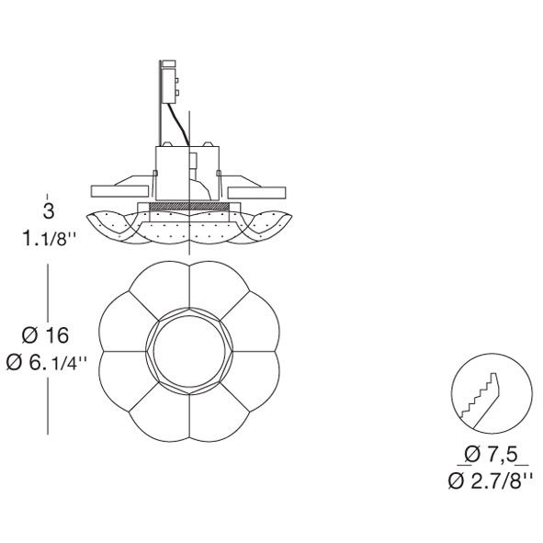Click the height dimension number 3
coord(49,211)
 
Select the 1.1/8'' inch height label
coord(50,239)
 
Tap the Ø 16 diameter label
coord(45,335)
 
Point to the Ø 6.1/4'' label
coord(47,363)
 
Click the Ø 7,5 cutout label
coord(492,455)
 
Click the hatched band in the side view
coord(189,207)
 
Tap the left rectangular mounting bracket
coord(119,191)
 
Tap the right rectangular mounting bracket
coord(256,193)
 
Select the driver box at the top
coord(169,85)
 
